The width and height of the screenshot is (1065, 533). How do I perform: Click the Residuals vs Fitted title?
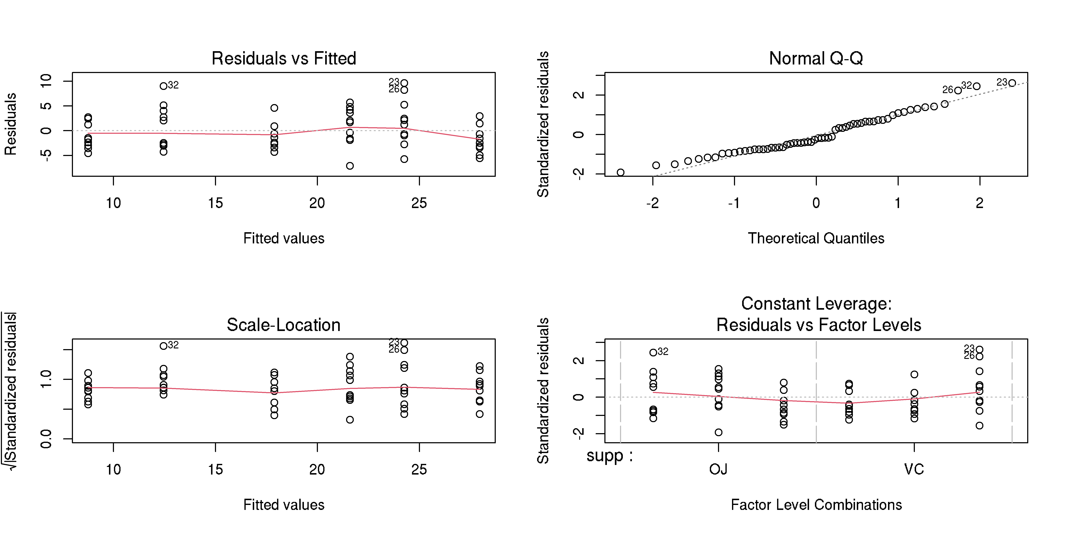pos(284,58)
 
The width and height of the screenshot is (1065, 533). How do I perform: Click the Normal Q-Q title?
pos(816,58)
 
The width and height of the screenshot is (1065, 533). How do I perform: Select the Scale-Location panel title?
pos(284,325)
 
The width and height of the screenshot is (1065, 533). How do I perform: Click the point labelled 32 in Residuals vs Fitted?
pos(164,86)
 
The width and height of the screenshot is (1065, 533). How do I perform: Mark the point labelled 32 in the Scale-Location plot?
pos(164,346)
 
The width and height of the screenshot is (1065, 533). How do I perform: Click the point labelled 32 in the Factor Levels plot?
pos(653,352)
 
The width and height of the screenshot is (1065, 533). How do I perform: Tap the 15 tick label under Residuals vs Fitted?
pos(215,203)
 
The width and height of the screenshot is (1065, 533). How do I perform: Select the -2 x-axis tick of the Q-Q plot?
pos(652,203)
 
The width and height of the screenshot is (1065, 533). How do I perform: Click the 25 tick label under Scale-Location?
pos(419,470)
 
